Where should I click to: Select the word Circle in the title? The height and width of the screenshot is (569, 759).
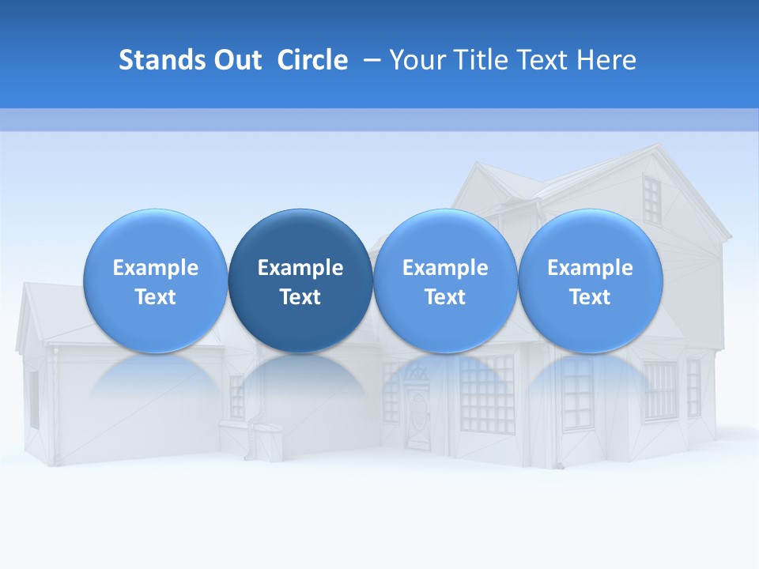(312, 60)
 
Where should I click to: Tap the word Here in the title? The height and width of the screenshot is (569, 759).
(605, 60)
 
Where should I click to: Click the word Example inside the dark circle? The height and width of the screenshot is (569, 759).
(300, 268)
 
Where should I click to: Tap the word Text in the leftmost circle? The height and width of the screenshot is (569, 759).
(156, 297)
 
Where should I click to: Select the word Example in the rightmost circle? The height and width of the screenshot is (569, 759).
(591, 268)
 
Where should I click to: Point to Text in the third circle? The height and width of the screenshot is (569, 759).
(445, 297)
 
